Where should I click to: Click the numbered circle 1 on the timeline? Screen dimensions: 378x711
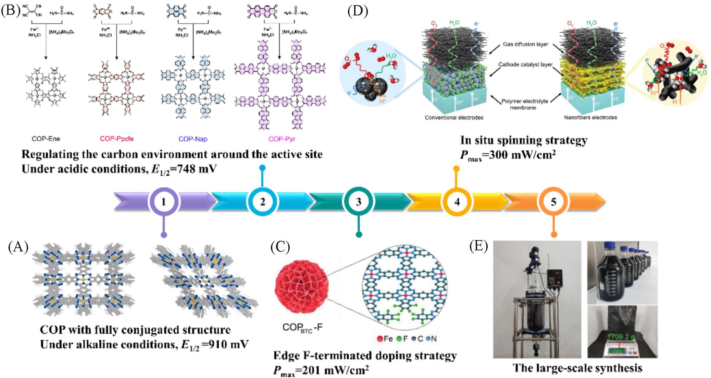[x=164, y=202]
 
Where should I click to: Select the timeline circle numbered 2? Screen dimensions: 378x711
[x=262, y=202]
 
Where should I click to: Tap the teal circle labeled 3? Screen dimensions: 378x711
[x=358, y=202]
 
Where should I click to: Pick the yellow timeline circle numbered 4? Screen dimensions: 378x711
[x=457, y=202]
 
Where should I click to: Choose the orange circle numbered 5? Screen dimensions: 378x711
[x=553, y=202]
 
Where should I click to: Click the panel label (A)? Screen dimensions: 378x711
[x=18, y=247]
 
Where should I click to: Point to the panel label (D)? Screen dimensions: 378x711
[x=358, y=11]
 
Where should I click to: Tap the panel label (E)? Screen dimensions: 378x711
[x=478, y=247]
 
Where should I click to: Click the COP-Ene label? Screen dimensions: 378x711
[x=46, y=139]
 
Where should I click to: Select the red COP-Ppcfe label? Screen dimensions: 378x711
[x=117, y=139]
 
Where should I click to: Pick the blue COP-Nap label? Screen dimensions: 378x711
[x=193, y=139]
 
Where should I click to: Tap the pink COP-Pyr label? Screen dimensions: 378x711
[x=282, y=139]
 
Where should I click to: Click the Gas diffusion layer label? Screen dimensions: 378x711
[x=526, y=44]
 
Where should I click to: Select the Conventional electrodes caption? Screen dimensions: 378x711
[x=454, y=118]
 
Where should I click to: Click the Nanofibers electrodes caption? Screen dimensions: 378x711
[x=590, y=118]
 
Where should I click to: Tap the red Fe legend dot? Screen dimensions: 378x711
[x=379, y=339]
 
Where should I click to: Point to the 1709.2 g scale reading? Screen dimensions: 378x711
[x=621, y=337]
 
